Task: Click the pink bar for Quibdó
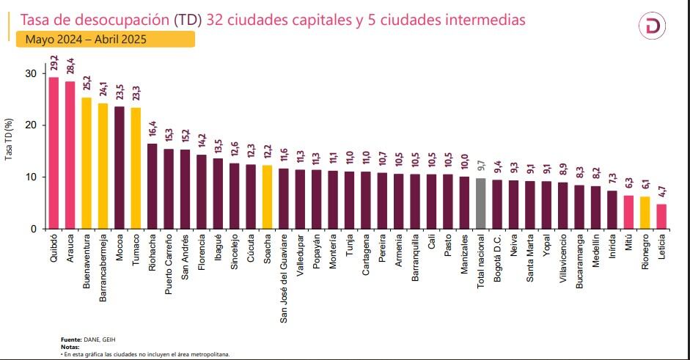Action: coord(54,153)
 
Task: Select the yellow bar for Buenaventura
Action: coord(87,163)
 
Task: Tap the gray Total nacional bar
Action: coord(481,203)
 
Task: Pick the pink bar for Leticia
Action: coord(661,216)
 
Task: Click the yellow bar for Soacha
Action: coord(267,196)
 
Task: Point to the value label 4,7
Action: coord(661,195)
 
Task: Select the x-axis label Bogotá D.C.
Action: coord(498,262)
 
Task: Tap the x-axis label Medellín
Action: coord(596,256)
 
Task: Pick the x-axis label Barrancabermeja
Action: coord(103,268)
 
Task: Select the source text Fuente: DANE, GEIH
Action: coord(88,339)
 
